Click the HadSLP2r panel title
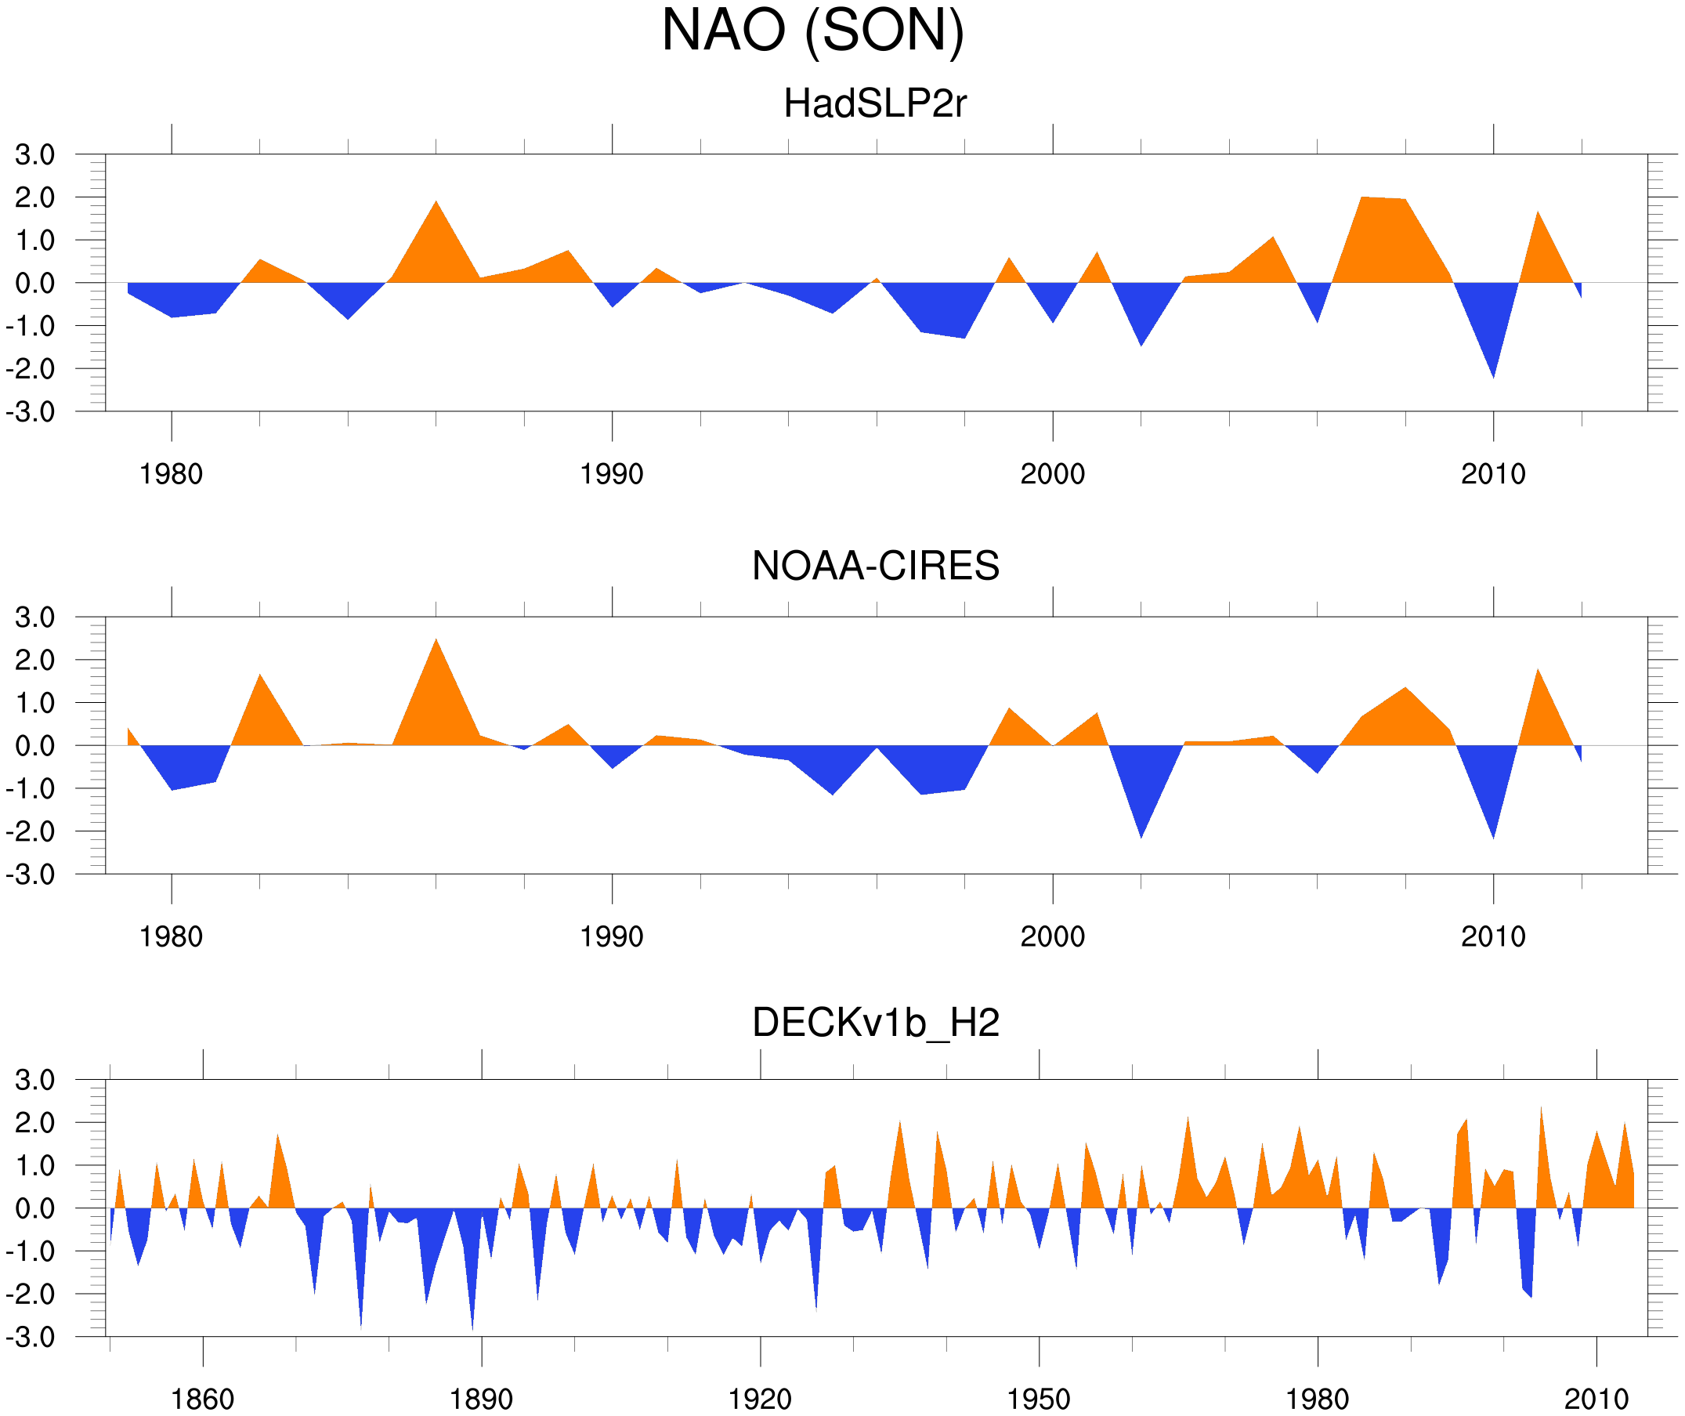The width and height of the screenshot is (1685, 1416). coord(874,104)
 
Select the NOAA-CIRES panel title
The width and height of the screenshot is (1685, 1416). coord(875,566)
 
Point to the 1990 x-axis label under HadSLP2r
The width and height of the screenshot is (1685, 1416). coord(612,474)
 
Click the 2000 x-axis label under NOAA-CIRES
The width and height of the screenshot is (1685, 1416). coord(1052,936)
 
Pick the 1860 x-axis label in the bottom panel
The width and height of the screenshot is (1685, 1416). coord(202,1399)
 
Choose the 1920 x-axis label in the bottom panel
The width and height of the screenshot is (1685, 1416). coord(759,1399)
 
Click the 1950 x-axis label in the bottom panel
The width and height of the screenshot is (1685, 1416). coord(1038,1399)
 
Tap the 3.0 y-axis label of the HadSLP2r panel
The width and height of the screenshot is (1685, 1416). coord(34,155)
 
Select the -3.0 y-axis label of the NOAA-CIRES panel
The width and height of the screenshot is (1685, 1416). coord(30,875)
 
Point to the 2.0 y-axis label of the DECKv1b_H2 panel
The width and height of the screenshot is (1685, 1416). coord(34,1123)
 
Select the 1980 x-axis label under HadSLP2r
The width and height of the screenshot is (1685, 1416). coord(171,474)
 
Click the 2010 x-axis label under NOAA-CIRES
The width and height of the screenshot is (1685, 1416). coord(1492,936)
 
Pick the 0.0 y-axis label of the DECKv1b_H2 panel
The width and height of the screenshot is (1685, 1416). coord(34,1209)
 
